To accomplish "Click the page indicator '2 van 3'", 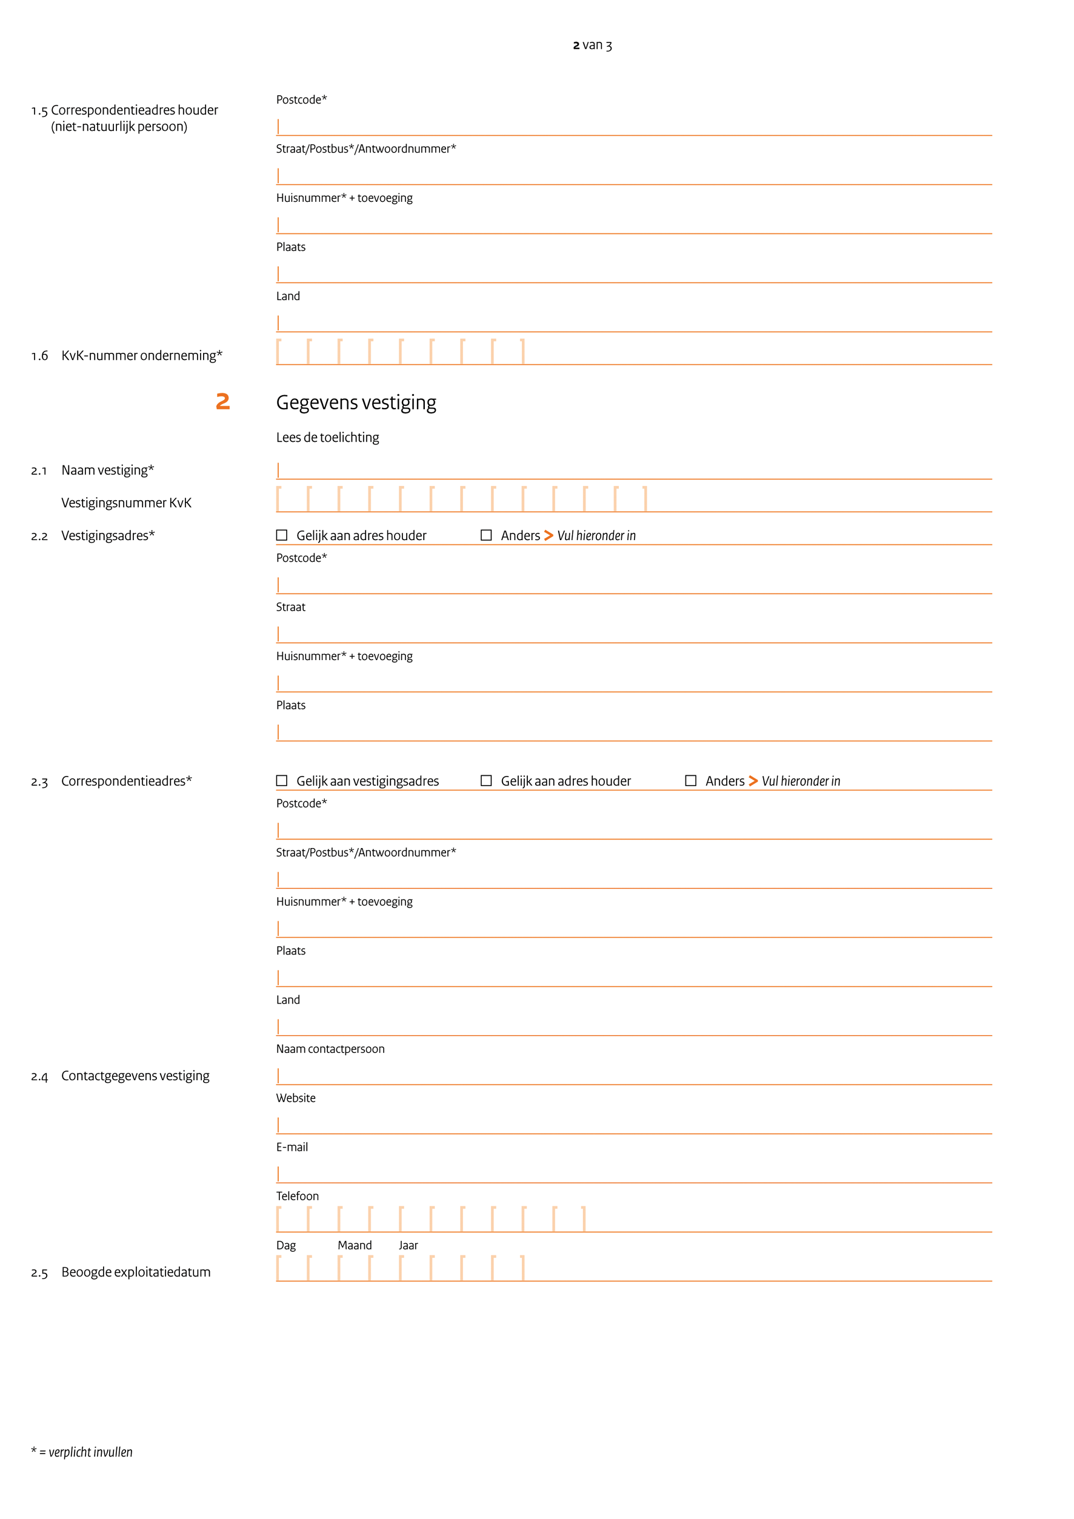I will click(x=592, y=45).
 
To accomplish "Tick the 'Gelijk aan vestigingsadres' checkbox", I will click(x=282, y=781).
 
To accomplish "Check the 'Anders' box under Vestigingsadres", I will click(x=486, y=535).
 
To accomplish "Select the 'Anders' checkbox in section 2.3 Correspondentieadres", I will click(x=690, y=781).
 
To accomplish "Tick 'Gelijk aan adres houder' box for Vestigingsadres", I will click(x=282, y=535).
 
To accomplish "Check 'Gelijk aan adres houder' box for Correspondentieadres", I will click(x=486, y=781).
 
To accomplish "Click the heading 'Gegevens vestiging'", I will click(x=356, y=402).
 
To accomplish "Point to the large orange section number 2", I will click(x=223, y=402).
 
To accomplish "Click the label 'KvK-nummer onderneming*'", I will click(x=142, y=356).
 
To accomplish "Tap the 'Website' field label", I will click(x=296, y=1098).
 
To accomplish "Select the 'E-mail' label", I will click(x=292, y=1147).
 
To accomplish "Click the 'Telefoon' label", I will click(x=297, y=1195).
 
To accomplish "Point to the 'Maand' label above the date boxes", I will click(x=355, y=1245).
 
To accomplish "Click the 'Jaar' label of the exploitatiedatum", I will click(x=408, y=1245).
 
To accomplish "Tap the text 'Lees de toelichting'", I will click(x=327, y=437).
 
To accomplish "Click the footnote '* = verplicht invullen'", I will click(x=82, y=1452).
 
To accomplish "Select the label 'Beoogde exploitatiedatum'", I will click(x=136, y=1272).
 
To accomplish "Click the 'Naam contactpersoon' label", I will click(x=330, y=1049).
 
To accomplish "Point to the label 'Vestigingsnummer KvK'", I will click(x=126, y=503).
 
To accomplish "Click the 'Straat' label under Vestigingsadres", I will click(x=290, y=607).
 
